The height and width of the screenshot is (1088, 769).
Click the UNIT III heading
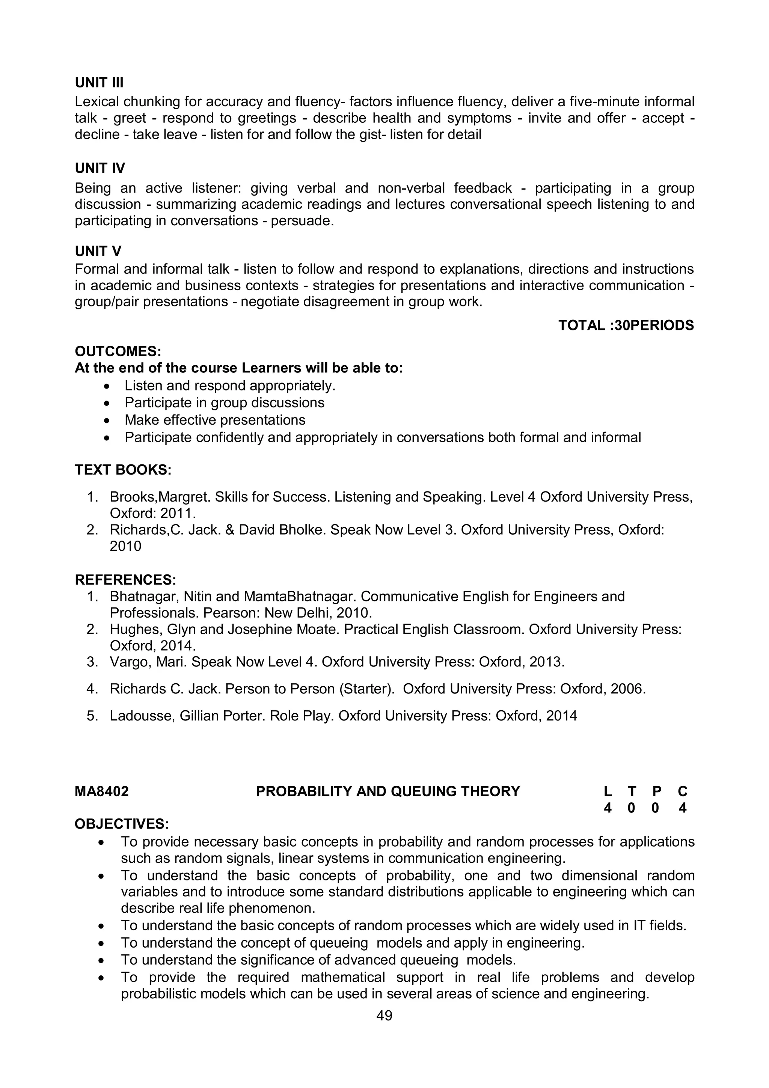point(99,83)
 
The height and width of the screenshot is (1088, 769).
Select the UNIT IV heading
point(100,168)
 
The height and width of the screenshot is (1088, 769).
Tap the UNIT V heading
point(98,251)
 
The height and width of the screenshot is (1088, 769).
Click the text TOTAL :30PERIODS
point(626,325)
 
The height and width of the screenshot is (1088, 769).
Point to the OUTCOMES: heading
point(118,352)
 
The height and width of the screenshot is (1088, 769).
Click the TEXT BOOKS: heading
point(123,470)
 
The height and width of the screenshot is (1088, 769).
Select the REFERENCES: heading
point(125,580)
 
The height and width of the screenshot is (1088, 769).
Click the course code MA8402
point(102,792)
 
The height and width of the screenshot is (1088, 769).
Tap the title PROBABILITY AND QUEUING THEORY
point(388,792)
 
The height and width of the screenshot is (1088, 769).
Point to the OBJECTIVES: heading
point(122,824)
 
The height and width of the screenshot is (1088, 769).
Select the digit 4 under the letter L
point(608,808)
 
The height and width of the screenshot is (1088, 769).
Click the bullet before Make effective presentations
point(109,421)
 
